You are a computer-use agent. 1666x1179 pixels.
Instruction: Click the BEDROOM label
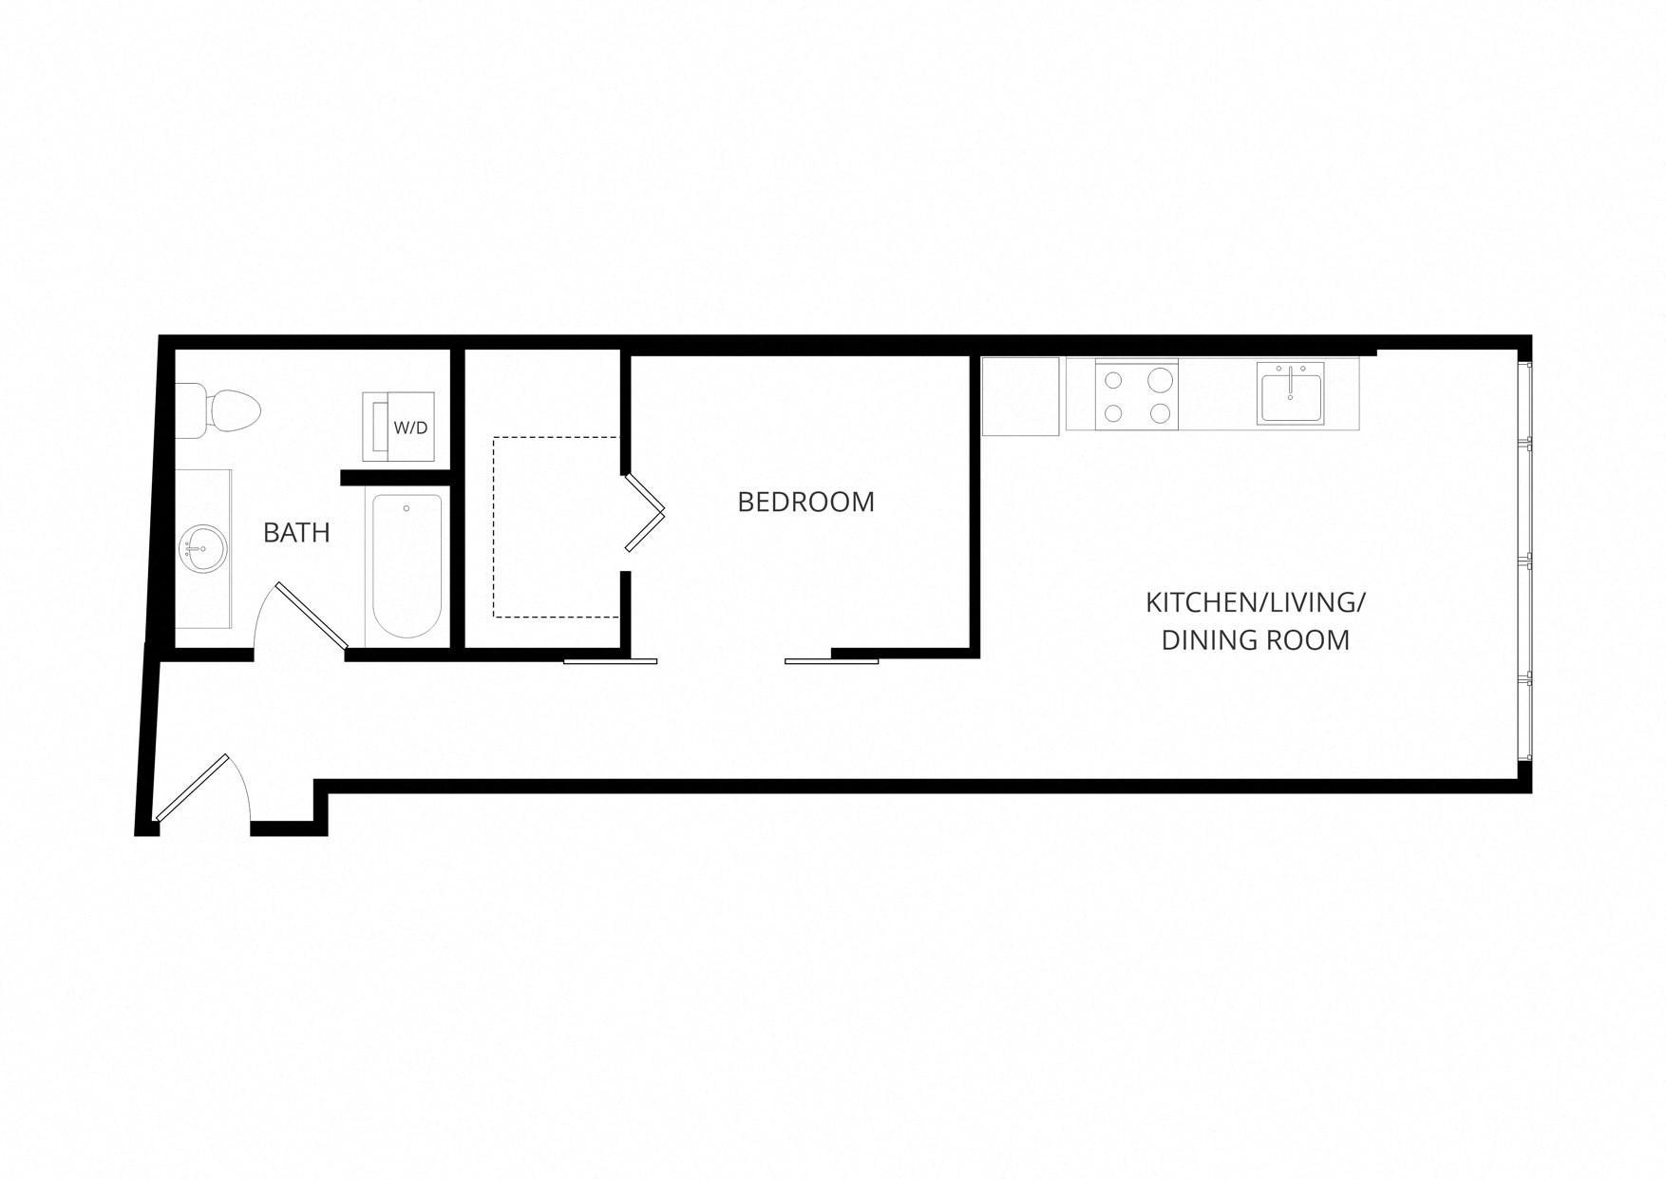(805, 502)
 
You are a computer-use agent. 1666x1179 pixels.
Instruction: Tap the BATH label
(296, 533)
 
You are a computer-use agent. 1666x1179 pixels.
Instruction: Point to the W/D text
(410, 428)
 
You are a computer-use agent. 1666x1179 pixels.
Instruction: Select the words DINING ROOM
(1256, 640)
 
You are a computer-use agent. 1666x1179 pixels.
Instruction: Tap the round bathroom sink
(202, 548)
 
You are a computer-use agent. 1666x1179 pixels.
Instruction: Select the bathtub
(407, 566)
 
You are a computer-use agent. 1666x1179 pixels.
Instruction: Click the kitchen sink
(1291, 392)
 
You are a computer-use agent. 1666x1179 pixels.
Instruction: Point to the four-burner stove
(1137, 394)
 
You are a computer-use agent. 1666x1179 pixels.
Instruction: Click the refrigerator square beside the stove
(1020, 396)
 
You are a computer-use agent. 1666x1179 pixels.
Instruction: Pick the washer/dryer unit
(398, 428)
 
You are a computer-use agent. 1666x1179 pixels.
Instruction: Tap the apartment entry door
(191, 788)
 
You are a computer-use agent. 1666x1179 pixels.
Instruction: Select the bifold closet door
(644, 513)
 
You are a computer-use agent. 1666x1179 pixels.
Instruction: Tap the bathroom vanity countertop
(203, 548)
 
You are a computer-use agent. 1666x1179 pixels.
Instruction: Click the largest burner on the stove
(1160, 380)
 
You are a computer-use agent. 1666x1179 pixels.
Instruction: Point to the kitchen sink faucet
(1291, 378)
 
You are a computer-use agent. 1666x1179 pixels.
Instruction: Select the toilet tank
(191, 410)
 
